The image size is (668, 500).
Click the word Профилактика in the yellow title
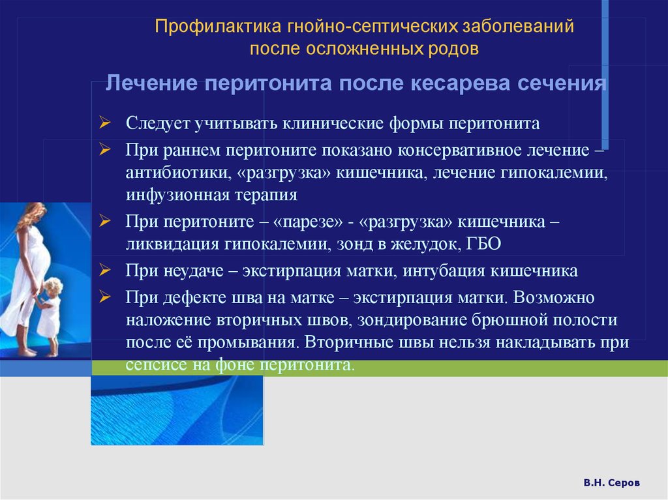(218, 27)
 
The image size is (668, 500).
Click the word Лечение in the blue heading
(151, 83)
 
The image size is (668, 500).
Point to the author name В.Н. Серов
(612, 482)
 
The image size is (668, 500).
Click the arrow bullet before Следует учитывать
(105, 123)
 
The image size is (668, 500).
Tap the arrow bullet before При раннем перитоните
(105, 149)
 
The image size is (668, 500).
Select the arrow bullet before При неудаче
(105, 270)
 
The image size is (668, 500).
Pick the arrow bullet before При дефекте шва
(105, 297)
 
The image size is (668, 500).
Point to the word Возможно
(553, 297)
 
